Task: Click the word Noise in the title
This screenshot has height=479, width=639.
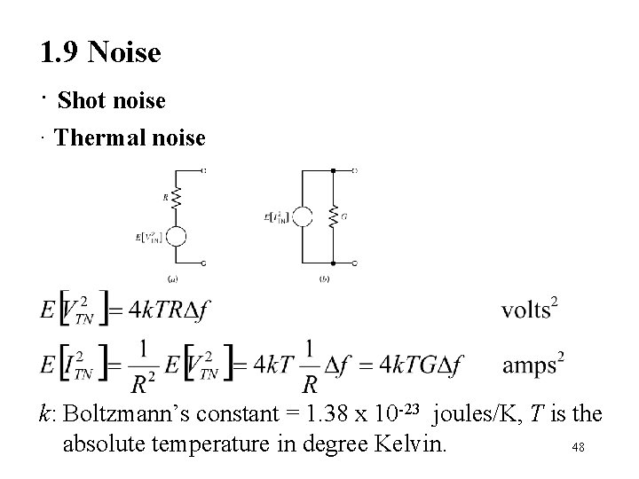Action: coord(124,53)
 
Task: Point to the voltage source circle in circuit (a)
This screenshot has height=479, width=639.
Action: coord(176,236)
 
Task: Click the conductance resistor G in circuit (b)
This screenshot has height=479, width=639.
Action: coord(333,216)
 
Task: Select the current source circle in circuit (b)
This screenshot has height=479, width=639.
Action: coord(303,216)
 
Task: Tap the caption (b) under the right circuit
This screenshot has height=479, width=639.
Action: coord(325,279)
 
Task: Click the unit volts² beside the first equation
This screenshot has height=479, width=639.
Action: coord(530,310)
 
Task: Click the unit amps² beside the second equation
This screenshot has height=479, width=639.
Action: coord(533,364)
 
